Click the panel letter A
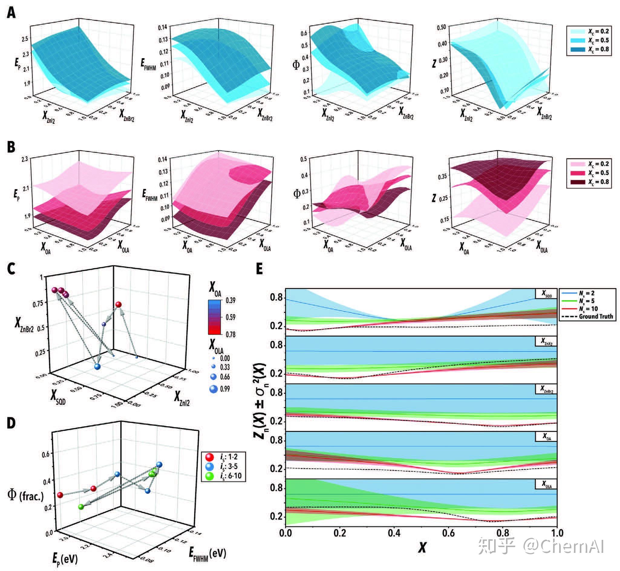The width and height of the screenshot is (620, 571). [x=11, y=13]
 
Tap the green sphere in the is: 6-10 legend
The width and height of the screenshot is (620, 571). [x=210, y=476]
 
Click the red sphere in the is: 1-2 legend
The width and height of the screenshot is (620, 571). [x=210, y=457]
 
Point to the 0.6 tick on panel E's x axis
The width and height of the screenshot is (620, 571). [x=448, y=533]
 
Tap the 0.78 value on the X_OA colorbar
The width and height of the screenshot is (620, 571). [x=230, y=334]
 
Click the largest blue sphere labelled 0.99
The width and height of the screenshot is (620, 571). [x=214, y=389]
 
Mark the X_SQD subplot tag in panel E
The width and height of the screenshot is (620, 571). [x=547, y=294]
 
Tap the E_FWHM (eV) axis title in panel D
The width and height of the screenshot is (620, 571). [x=207, y=553]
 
